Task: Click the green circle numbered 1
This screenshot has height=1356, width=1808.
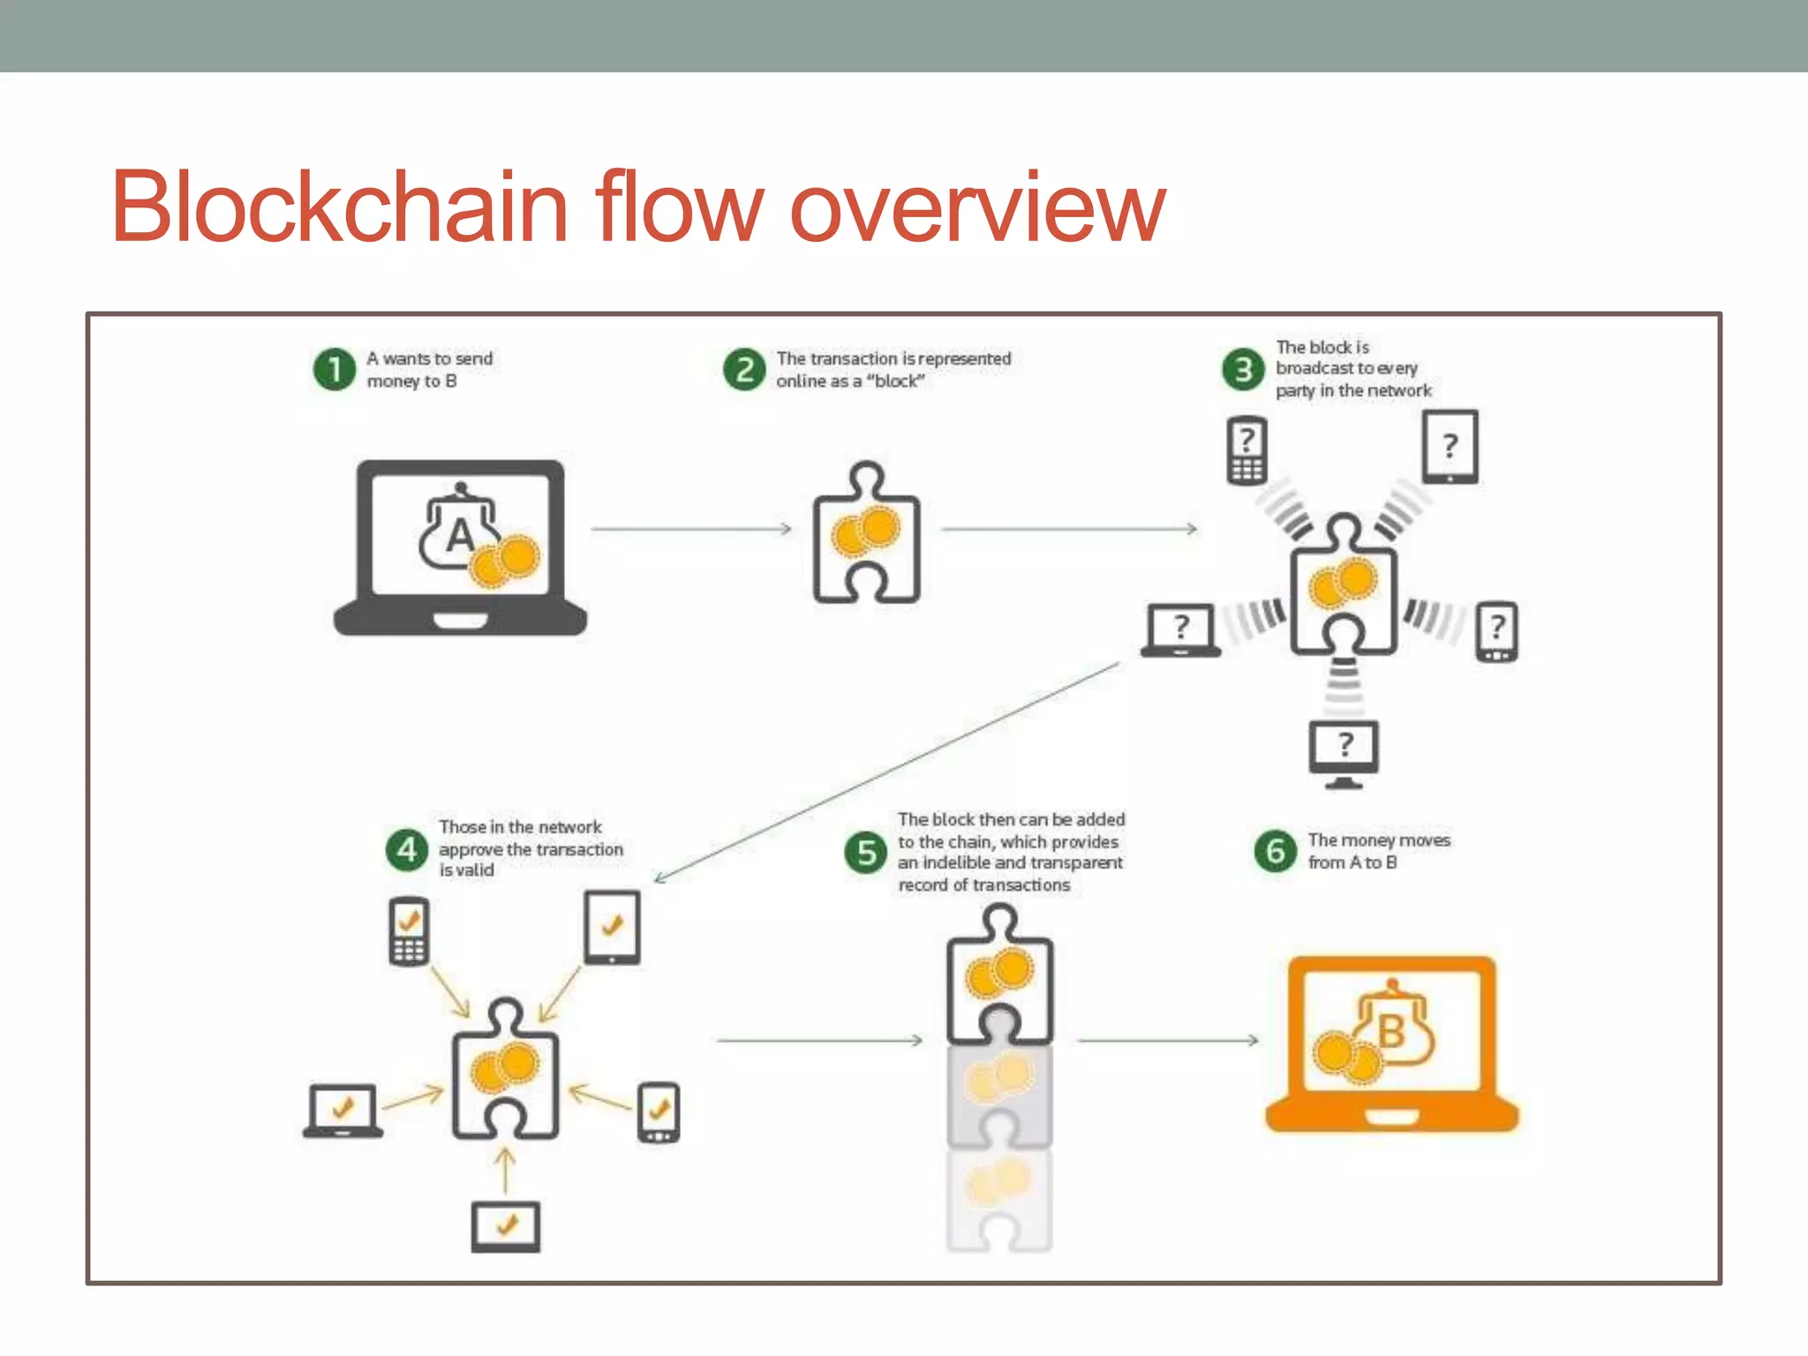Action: (335, 369)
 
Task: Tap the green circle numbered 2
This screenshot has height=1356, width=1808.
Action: (744, 369)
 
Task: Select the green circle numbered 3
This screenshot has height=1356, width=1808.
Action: (1243, 369)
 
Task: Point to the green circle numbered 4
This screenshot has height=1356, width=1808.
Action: (407, 849)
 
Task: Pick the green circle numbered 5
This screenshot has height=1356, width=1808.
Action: (866, 852)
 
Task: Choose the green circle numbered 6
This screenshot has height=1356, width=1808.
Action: (1276, 851)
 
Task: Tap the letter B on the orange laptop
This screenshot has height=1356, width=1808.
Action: (1392, 1031)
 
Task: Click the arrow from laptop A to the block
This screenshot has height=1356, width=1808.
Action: (691, 529)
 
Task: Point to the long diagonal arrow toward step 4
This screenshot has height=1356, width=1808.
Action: (887, 772)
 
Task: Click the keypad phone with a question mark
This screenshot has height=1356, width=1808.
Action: (1247, 450)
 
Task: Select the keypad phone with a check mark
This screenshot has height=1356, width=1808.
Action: (409, 931)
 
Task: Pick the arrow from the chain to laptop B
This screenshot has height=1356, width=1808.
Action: (1167, 1041)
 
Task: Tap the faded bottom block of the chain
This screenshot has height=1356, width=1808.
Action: (998, 1201)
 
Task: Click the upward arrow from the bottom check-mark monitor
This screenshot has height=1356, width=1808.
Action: (505, 1171)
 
